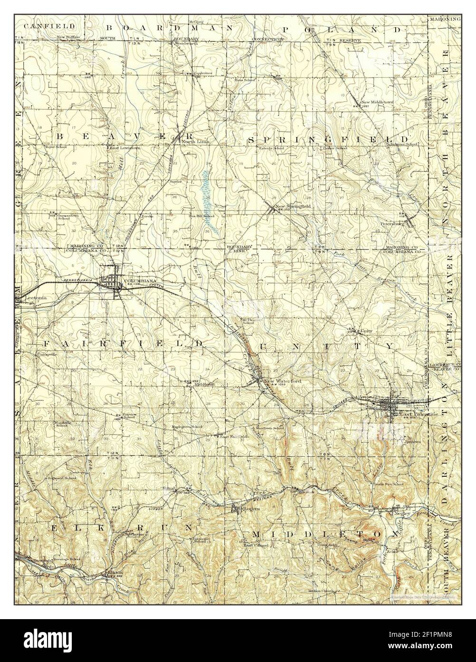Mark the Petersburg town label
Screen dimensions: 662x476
pyautogui.click(x=391, y=223)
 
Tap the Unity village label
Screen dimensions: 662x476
pyautogui.click(x=366, y=330)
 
